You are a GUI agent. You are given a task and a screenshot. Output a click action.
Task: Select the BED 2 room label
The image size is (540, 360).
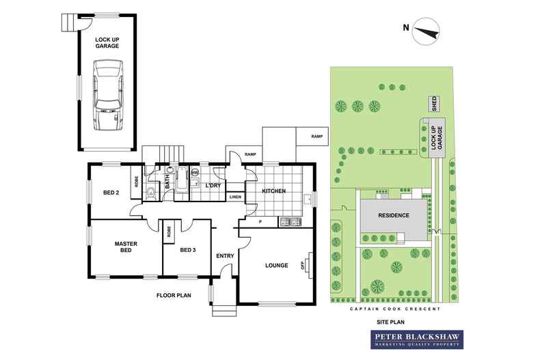[x=111, y=193]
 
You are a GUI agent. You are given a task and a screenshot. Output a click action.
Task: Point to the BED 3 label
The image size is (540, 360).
[x=188, y=250]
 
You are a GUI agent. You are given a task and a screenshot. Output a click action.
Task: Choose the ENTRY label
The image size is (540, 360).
[x=224, y=256]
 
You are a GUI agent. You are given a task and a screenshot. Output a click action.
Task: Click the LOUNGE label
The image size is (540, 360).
[x=276, y=265]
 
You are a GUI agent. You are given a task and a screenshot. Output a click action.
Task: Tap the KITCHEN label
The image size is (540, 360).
[x=273, y=191]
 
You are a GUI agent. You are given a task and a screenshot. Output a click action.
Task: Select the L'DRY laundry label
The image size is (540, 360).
[x=212, y=185]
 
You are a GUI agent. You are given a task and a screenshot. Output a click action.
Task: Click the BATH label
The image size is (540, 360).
[x=167, y=182]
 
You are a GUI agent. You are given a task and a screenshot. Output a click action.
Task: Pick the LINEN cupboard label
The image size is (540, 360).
[x=235, y=197]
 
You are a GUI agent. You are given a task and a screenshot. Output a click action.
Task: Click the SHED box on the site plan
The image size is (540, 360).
[x=433, y=104]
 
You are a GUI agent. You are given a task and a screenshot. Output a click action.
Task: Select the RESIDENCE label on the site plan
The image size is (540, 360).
[x=395, y=216]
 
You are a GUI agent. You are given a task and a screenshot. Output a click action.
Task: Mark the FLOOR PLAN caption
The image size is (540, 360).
[x=174, y=296]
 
